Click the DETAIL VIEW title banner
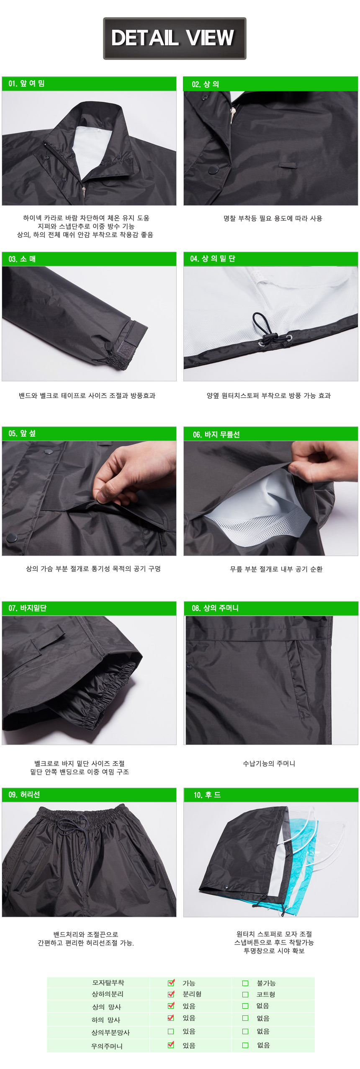(x=175, y=38)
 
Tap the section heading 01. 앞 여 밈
(x=26, y=84)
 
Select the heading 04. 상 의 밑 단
(x=212, y=259)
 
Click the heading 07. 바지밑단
(x=28, y=608)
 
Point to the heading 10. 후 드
(x=207, y=795)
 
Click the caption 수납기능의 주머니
(x=269, y=764)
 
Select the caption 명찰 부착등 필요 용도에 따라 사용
(x=273, y=218)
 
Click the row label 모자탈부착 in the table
(x=108, y=983)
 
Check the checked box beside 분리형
(x=171, y=994)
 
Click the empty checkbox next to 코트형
(x=245, y=994)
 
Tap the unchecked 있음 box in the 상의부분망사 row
(x=171, y=1031)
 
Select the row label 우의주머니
(x=107, y=1046)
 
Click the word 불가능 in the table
(x=266, y=983)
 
